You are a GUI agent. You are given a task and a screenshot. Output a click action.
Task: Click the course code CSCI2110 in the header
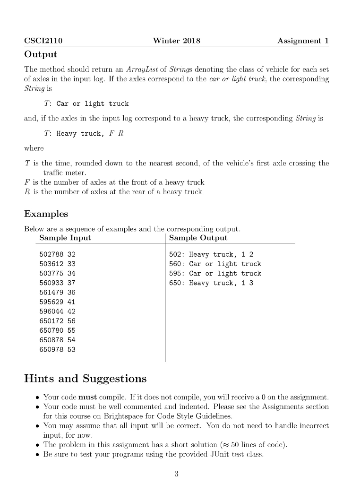(x=43, y=41)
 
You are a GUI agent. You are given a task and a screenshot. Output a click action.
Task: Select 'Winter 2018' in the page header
(x=177, y=41)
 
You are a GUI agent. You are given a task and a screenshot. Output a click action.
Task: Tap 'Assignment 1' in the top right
(x=303, y=41)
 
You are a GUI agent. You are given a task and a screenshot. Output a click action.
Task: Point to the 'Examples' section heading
(x=46, y=214)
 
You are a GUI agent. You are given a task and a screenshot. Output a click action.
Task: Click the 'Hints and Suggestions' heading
(x=85, y=379)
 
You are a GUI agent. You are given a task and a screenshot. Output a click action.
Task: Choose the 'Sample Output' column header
(x=198, y=238)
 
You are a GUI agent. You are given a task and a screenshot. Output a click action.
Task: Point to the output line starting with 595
(x=215, y=274)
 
